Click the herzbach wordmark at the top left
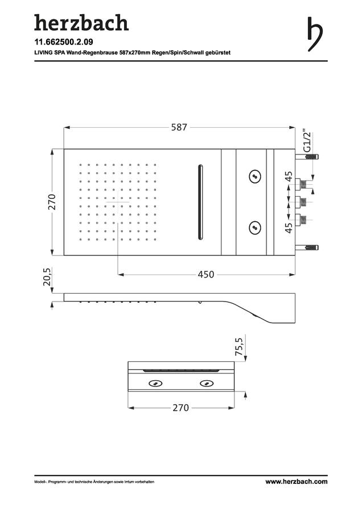click(81, 23)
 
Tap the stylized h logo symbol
click(315, 34)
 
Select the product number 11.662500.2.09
click(64, 42)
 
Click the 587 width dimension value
click(179, 127)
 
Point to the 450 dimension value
click(206, 274)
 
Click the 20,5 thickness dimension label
click(47, 277)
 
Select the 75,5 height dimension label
click(240, 347)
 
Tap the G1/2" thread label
click(307, 142)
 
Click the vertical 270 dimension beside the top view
click(52, 202)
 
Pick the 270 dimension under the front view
click(180, 408)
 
